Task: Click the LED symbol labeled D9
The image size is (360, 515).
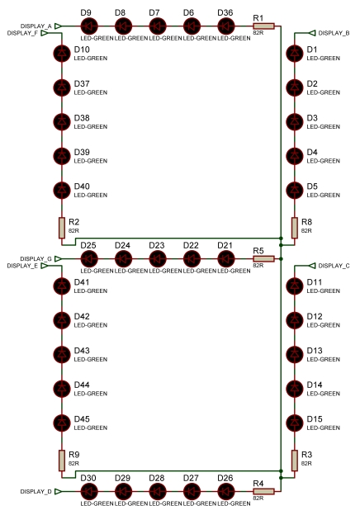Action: tap(89, 26)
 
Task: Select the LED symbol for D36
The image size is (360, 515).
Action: tap(226, 26)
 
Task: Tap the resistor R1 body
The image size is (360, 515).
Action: tap(263, 26)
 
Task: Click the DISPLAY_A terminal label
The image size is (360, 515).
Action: tap(36, 26)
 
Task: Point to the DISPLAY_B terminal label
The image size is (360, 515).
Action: tap(334, 33)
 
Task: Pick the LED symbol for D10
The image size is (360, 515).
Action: tap(62, 53)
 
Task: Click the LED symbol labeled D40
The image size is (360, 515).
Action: tap(62, 190)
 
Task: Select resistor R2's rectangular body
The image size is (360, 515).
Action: tap(62, 228)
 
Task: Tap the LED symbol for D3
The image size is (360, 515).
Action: tap(295, 122)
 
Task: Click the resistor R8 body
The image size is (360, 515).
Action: tap(295, 228)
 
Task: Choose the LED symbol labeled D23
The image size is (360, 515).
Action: tap(158, 259)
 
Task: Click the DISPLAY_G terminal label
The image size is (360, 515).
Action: tap(36, 259)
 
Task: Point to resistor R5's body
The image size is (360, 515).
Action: tap(263, 259)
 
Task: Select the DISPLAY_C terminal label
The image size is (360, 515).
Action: tap(334, 266)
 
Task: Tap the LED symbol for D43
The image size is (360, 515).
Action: tap(62, 354)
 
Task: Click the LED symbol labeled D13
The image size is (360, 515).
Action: tap(295, 354)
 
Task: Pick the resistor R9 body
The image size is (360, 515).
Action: tap(62, 461)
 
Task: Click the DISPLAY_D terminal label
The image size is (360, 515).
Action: tap(36, 492)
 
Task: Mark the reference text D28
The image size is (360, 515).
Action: tap(157, 478)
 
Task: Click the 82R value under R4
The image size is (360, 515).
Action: tap(258, 498)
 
